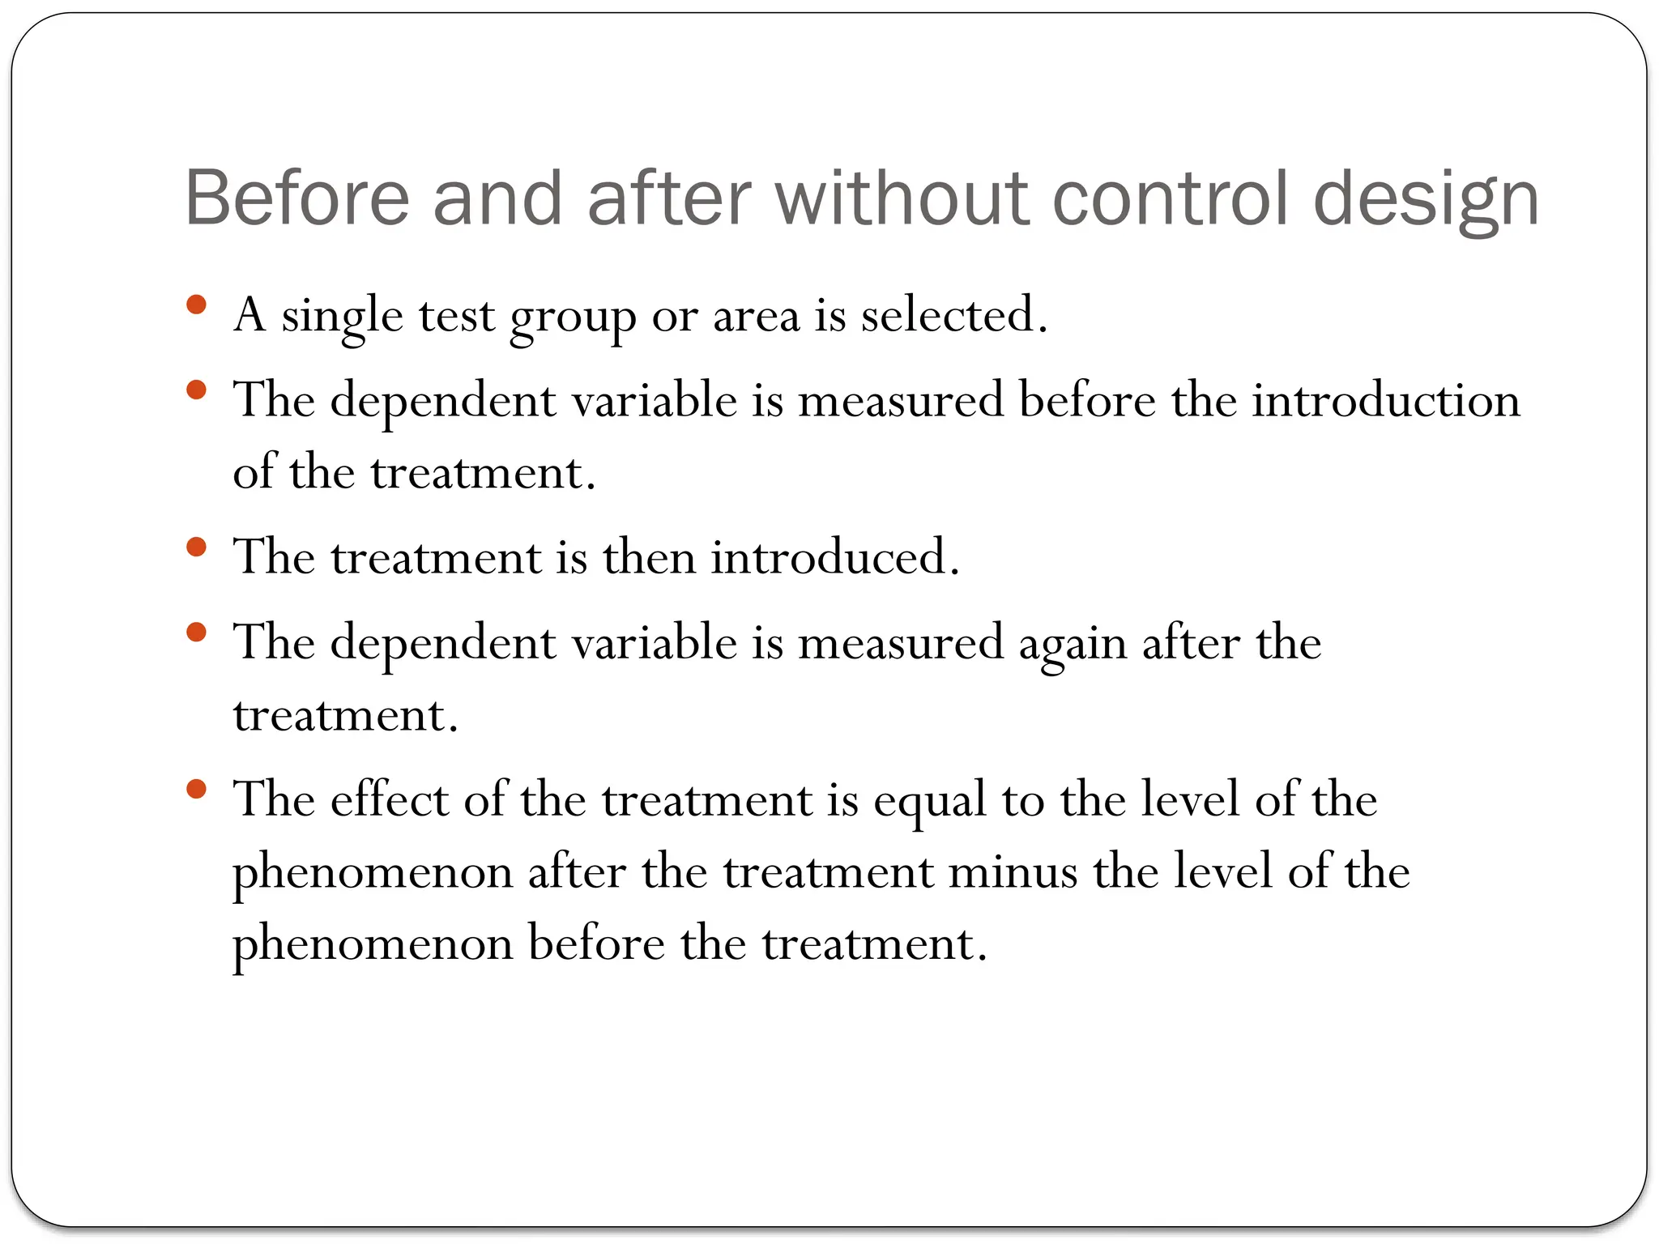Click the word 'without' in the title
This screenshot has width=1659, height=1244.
coord(902,198)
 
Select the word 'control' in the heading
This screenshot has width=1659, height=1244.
coord(1171,198)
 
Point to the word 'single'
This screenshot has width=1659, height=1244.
coord(342,317)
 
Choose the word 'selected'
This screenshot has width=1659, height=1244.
coord(953,315)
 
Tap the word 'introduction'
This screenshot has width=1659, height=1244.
coord(1386,400)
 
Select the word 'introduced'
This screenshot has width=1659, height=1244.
coord(834,557)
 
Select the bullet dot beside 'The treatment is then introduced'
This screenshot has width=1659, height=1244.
coord(196,547)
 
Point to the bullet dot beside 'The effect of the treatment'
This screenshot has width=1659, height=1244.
coord(196,789)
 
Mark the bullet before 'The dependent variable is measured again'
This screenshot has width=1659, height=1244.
coord(196,632)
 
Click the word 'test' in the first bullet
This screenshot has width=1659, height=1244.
coord(456,317)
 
